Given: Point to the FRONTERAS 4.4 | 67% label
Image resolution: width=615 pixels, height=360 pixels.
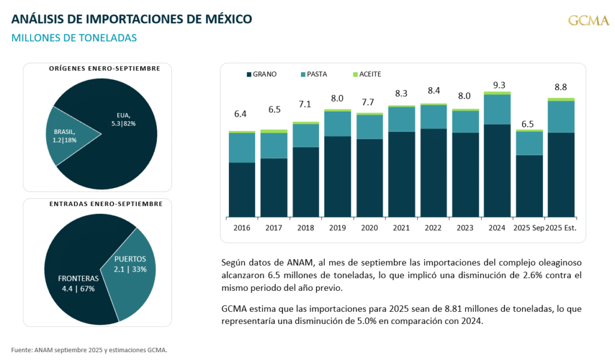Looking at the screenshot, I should coord(78,284).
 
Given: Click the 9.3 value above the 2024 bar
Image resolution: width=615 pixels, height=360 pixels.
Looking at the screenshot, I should coord(498,85).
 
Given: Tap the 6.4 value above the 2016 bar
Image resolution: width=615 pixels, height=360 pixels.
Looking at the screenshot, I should coord(241,114).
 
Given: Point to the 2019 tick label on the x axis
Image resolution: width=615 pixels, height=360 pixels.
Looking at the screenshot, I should coord(337,228).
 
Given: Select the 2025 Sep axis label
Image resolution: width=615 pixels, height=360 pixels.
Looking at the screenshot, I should coord(529,228).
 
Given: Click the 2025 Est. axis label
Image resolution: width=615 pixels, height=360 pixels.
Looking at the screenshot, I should coord(562,228).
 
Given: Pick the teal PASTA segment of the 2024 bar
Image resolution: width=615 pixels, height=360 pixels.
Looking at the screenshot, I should coord(497,109).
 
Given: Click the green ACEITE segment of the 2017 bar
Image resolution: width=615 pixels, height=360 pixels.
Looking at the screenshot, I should coord(273,131).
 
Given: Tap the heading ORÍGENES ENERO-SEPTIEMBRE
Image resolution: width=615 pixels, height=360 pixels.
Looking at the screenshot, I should coord(105,69).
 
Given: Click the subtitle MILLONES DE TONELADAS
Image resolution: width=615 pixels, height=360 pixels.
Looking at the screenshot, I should coord(74,38).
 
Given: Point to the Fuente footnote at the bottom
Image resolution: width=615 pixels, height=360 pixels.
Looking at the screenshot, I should coord(89,349).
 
